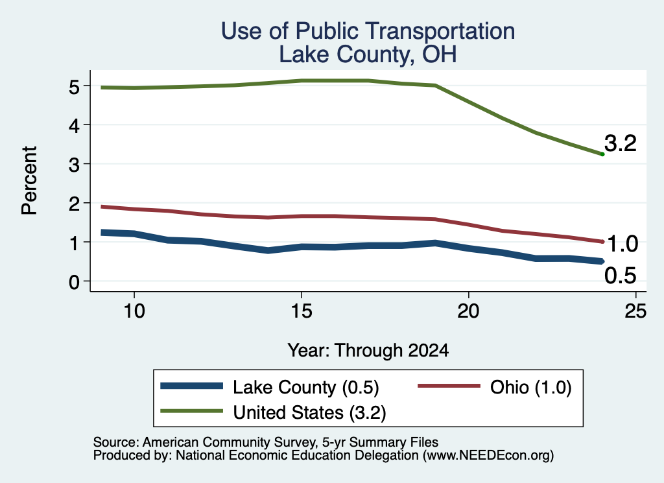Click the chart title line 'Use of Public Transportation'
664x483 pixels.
(x=368, y=31)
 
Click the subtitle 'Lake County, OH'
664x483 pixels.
(x=368, y=54)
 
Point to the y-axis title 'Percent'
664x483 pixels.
(x=29, y=180)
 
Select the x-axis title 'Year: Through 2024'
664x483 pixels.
(x=368, y=351)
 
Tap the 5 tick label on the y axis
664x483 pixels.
(x=74, y=88)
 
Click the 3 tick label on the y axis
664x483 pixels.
(x=74, y=165)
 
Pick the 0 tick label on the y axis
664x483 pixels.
(x=74, y=283)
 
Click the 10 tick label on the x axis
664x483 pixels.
(x=134, y=311)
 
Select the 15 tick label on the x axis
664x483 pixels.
(x=302, y=311)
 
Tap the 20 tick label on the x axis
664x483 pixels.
(x=468, y=311)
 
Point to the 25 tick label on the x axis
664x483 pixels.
(x=635, y=311)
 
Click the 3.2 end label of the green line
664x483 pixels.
(x=621, y=143)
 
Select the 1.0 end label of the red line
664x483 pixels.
(x=622, y=244)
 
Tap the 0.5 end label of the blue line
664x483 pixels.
(x=621, y=276)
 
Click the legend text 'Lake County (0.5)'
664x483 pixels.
(x=306, y=388)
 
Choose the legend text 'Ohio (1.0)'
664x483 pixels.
(x=531, y=387)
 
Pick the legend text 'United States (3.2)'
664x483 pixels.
(x=309, y=413)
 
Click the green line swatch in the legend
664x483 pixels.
(x=192, y=411)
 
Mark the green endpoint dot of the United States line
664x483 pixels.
(x=602, y=154)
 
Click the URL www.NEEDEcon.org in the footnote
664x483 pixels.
(x=488, y=456)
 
